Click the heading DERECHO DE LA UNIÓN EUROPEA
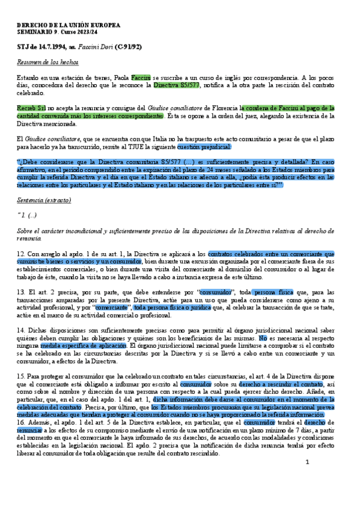(68, 25)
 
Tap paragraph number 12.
(20, 254)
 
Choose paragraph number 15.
(20, 376)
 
